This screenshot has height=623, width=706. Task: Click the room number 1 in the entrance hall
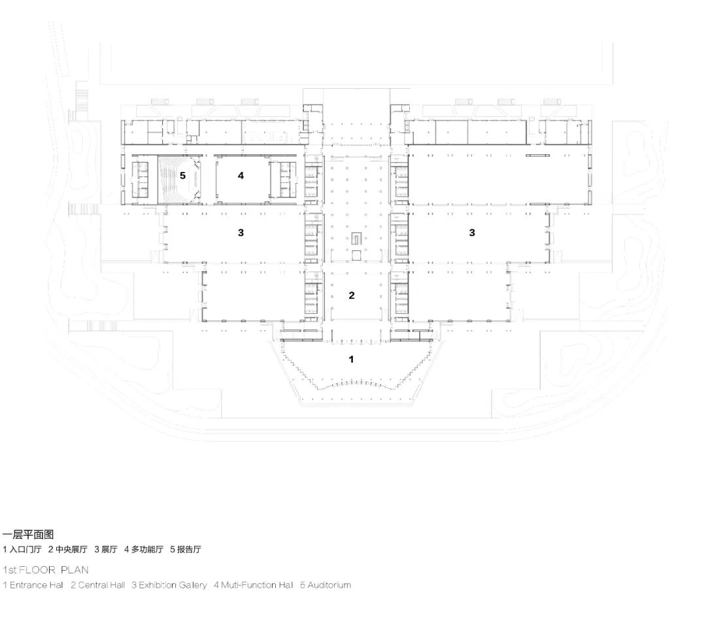pos(351,359)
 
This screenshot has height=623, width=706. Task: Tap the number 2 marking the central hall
pos(352,295)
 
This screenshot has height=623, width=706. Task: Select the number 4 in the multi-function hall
pos(241,176)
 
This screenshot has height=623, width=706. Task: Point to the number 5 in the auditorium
pos(183,176)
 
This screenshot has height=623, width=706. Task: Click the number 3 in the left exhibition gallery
pos(241,233)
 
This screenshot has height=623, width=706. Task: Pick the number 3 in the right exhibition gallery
pos(472,233)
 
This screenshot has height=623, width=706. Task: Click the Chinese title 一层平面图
pos(28,534)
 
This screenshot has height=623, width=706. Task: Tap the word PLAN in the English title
pos(75,570)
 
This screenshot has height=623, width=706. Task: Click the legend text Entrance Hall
pos(37,585)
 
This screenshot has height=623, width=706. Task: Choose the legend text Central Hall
pos(101,585)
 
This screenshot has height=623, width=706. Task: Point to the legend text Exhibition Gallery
pos(173,585)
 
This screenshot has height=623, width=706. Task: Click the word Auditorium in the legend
pos(329,585)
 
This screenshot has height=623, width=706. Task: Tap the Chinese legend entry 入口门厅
pos(25,549)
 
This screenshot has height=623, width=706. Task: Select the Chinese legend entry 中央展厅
pos(72,549)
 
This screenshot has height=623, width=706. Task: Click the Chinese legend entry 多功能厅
pos(147,549)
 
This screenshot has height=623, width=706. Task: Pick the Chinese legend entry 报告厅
pos(189,549)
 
